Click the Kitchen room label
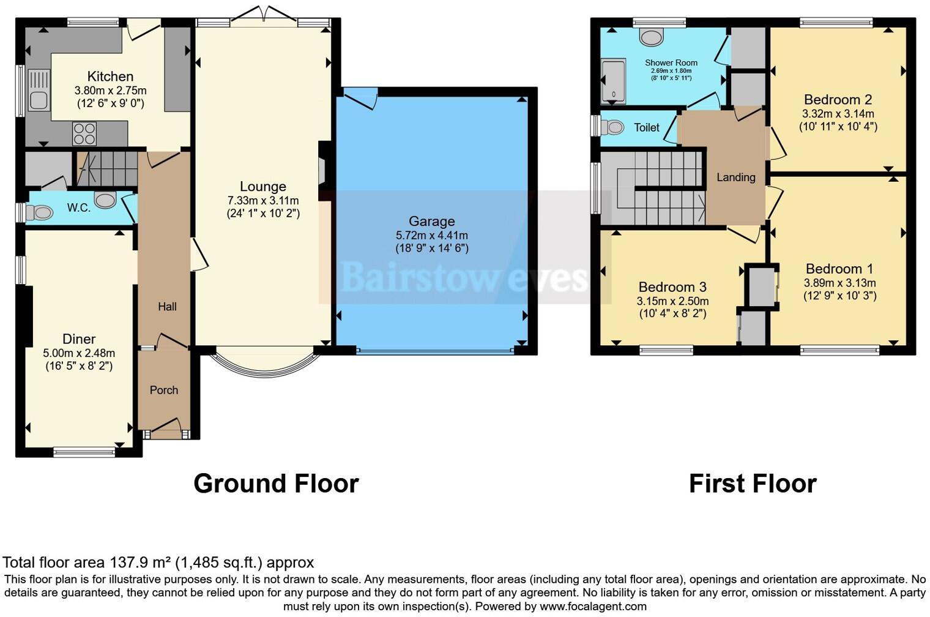[x=110, y=77]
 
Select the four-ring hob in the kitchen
[x=84, y=133]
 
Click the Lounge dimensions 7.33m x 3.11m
[x=263, y=201]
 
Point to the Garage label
[x=431, y=222]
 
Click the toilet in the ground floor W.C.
[x=39, y=212]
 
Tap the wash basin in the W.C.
[x=106, y=200]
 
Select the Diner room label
[x=79, y=339]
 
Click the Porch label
[x=164, y=390]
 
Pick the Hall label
[x=167, y=307]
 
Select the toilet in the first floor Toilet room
[x=612, y=127]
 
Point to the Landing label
[x=735, y=178]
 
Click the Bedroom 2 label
[x=838, y=100]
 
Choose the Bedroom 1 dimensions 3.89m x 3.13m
[x=839, y=283]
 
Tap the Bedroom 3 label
[x=672, y=287]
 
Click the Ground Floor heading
[x=276, y=484]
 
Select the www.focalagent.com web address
[x=593, y=607]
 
